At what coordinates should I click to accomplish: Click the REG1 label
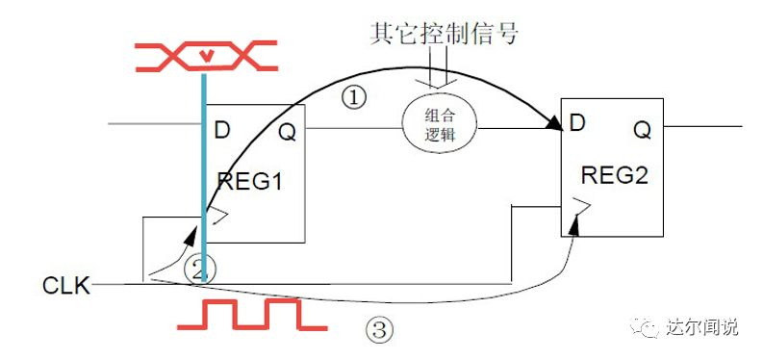[250, 180]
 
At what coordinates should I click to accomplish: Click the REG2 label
[614, 175]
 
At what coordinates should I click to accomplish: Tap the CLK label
[66, 286]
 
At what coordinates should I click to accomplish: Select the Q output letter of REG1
[287, 132]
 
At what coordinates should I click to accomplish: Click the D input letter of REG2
[578, 122]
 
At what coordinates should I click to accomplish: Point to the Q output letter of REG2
[643, 127]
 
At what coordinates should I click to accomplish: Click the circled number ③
[380, 330]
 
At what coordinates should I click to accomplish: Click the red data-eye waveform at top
[205, 56]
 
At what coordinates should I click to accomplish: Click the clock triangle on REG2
[581, 204]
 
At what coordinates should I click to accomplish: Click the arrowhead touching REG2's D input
[555, 124]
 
